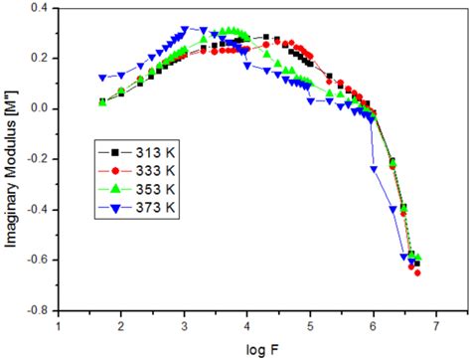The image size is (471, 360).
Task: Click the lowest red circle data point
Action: [x=417, y=272]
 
